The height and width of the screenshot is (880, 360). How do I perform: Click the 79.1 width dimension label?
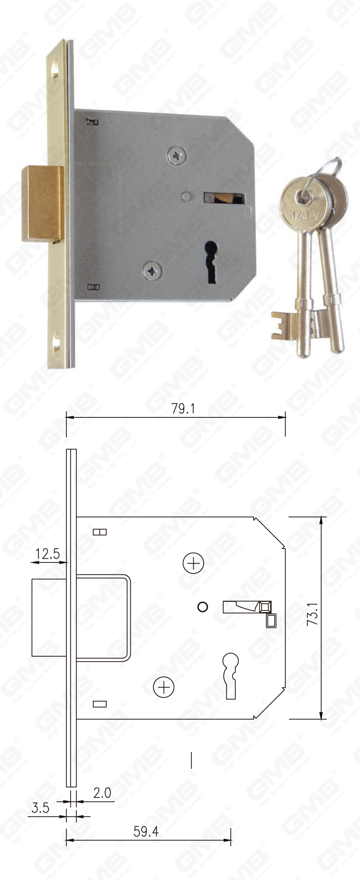[x=183, y=409]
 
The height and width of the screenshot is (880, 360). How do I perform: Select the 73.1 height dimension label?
[x=312, y=614]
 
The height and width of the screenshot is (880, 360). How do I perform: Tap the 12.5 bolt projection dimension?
[x=48, y=554]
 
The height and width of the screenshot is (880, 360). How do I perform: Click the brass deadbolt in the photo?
[x=42, y=204]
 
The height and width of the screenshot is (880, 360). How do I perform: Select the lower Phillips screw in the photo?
[x=153, y=271]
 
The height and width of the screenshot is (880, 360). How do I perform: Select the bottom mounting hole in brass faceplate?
[x=57, y=344]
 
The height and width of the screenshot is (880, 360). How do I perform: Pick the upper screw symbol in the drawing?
[x=193, y=563]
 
